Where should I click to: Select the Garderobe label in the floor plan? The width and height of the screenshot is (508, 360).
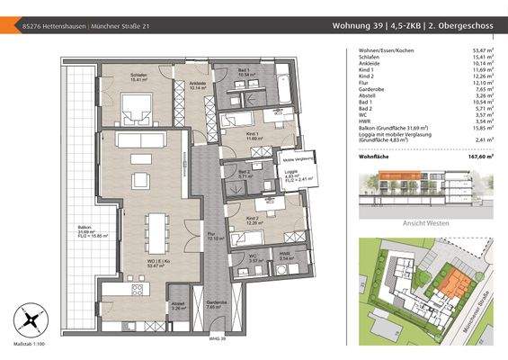216,303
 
